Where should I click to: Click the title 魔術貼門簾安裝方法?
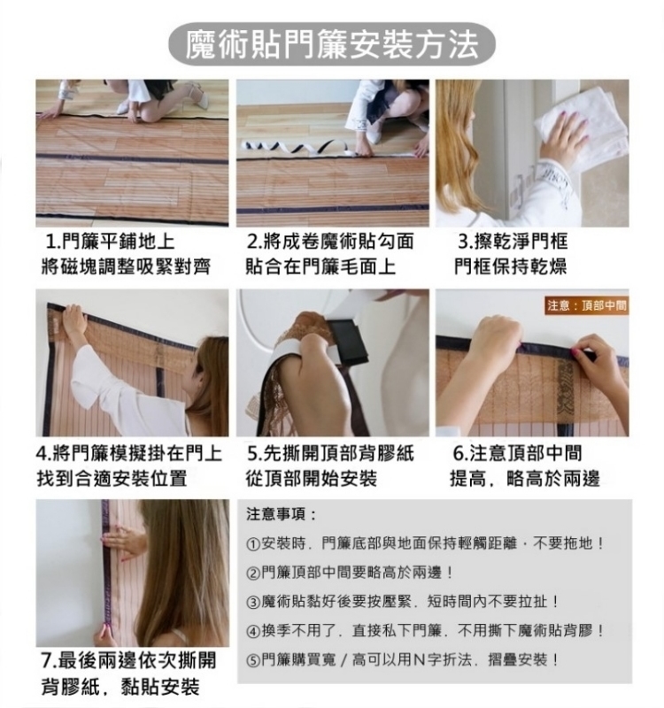(x=332, y=45)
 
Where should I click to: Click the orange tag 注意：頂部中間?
(x=587, y=305)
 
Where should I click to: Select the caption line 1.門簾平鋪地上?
(x=110, y=241)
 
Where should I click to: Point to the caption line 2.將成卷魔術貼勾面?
(x=330, y=241)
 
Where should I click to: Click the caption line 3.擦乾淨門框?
(x=513, y=241)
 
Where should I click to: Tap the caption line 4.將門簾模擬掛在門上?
(x=129, y=453)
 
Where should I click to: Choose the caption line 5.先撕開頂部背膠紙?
(x=330, y=453)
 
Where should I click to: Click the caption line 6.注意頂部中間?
(x=518, y=453)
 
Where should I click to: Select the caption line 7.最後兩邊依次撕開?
(x=129, y=660)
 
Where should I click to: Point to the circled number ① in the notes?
(x=253, y=544)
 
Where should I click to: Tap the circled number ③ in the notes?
(x=253, y=603)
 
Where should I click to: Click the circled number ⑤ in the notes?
(x=253, y=661)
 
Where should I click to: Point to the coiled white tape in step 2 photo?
(x=294, y=146)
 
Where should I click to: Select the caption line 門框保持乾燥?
(x=511, y=266)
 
